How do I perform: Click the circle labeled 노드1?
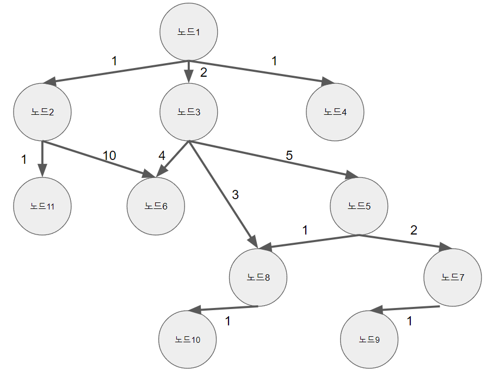(188, 32)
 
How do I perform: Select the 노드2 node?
(42, 112)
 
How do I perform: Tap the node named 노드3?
(188, 112)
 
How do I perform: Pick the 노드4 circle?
(335, 112)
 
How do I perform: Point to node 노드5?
(359, 206)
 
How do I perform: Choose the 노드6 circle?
(156, 206)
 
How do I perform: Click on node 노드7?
(452, 277)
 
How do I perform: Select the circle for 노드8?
(258, 277)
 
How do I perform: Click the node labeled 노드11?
(42, 206)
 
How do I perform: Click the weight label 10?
(109, 156)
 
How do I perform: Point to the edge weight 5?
(289, 156)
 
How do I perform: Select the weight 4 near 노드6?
(162, 156)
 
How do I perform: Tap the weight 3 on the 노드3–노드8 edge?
(235, 195)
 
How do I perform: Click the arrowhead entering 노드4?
(328, 83)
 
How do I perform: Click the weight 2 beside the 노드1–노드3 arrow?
(204, 73)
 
